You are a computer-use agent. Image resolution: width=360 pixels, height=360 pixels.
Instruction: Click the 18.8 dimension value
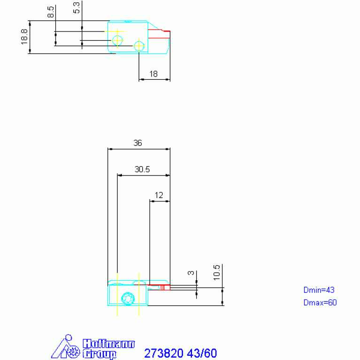[x=24, y=37]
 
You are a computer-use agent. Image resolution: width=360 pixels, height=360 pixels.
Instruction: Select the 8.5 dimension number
[x=51, y=12]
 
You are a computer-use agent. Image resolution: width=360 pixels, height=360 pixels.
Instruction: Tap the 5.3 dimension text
[x=77, y=8]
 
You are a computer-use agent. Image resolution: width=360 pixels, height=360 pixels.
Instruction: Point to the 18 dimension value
[x=153, y=74]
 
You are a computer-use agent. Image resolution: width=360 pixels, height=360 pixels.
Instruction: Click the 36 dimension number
[x=138, y=143]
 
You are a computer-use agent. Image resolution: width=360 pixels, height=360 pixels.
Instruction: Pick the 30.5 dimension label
[x=142, y=169]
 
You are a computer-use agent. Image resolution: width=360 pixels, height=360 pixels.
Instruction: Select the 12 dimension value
[x=159, y=195]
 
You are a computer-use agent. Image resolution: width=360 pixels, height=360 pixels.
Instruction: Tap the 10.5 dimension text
[x=216, y=273]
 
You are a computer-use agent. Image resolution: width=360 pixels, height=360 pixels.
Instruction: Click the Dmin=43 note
[x=319, y=290]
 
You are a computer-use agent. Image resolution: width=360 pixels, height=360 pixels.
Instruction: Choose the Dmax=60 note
[x=320, y=303]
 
